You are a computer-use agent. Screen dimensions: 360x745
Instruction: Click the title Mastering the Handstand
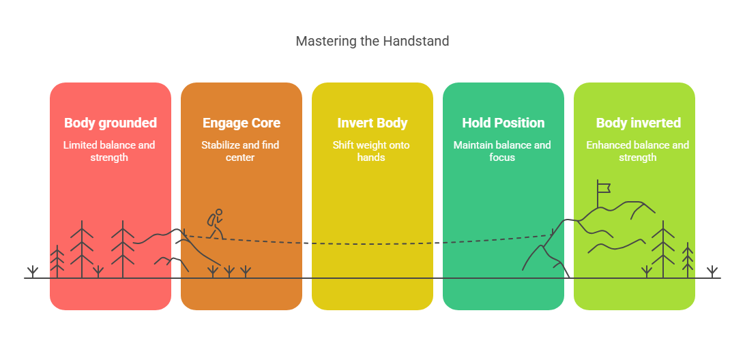(372, 41)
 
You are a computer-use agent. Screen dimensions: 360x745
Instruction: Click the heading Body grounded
(111, 123)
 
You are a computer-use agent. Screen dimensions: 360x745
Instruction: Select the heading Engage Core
(242, 123)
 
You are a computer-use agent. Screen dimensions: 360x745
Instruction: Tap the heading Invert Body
(372, 123)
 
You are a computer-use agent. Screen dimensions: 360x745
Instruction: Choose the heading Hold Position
(503, 123)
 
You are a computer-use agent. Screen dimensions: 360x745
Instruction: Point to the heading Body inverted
(638, 123)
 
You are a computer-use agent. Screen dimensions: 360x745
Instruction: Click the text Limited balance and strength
(109, 151)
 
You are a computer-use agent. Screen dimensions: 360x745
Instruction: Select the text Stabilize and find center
(240, 151)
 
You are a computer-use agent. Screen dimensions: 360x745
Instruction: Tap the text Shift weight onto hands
(372, 151)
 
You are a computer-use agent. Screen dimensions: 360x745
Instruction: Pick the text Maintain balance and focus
(502, 151)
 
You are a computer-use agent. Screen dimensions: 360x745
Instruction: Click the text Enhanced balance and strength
(637, 151)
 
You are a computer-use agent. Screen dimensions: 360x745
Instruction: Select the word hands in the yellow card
(372, 157)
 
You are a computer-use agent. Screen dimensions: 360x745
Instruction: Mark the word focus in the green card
(502, 157)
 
